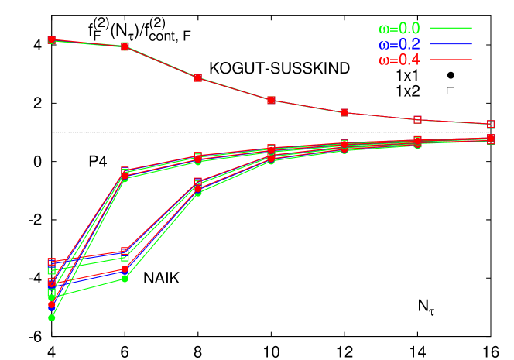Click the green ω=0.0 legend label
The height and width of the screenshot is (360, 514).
pos(399,29)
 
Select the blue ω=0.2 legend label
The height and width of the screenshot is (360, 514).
pos(399,44)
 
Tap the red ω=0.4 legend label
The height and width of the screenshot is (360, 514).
pos(399,60)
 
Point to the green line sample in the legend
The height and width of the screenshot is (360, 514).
pos(451,28)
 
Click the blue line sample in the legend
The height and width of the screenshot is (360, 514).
pos(451,43)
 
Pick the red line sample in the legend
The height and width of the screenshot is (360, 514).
pos(451,59)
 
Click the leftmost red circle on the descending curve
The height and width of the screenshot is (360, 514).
pos(52,39)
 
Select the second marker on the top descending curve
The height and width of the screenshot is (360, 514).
pos(125,46)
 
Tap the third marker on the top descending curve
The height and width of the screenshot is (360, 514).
pos(198,77)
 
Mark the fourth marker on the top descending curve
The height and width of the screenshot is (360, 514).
pos(272,100)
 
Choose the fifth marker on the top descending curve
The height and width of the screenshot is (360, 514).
pos(344,112)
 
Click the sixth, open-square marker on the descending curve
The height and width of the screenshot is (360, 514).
pos(418,120)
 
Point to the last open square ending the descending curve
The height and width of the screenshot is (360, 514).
pos(491,124)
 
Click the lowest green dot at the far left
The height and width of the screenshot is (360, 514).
pos(52,317)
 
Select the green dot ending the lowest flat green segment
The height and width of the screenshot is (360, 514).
pos(125,278)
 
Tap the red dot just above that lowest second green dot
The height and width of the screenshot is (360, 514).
pos(125,269)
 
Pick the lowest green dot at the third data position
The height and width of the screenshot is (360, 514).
pos(198,192)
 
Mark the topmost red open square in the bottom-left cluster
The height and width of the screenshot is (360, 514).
pos(52,262)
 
